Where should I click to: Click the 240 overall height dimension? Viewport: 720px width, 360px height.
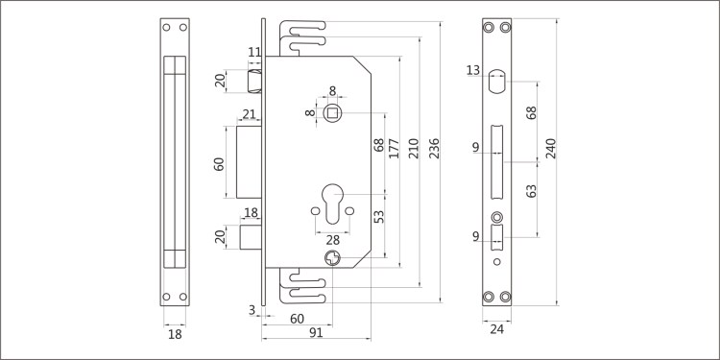[x=551, y=148]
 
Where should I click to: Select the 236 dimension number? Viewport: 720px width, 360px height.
[x=434, y=148]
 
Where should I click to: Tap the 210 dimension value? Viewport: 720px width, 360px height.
[x=414, y=148]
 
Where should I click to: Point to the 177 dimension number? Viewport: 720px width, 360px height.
[x=394, y=148]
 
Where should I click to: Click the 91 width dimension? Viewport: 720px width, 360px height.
[x=316, y=333]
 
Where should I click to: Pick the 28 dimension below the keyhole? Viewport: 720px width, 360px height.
[x=332, y=239]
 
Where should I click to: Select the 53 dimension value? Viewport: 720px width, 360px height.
[x=379, y=217]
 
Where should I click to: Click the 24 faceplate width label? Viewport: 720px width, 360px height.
[x=497, y=329]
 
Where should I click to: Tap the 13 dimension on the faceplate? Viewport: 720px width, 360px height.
[x=473, y=70]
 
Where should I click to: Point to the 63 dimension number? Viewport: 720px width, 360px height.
[x=531, y=191]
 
